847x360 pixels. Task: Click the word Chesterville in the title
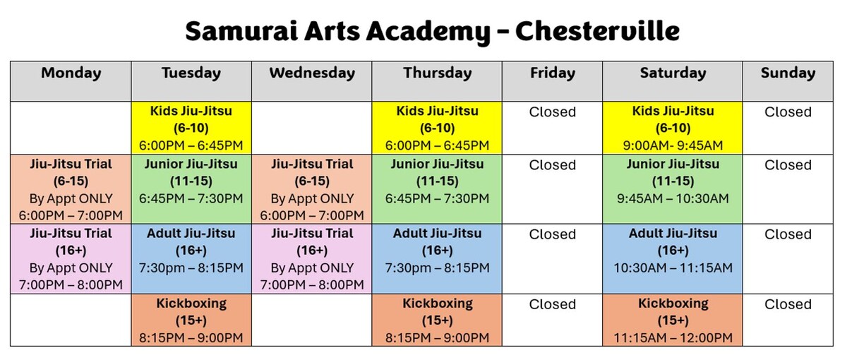(597, 32)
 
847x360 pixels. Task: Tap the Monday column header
(71, 73)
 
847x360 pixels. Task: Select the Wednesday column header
(312, 73)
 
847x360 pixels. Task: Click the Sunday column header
(788, 73)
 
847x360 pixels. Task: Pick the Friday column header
(553, 73)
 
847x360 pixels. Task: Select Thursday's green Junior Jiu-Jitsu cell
(437, 181)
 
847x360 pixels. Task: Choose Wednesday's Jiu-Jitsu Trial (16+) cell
(312, 259)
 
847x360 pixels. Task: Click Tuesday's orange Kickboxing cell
(191, 320)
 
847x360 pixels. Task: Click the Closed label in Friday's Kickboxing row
(553, 305)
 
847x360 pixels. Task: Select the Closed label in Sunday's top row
(788, 112)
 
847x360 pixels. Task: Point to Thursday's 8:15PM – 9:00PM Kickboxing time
(437, 338)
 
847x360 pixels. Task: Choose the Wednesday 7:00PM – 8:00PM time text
(312, 285)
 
